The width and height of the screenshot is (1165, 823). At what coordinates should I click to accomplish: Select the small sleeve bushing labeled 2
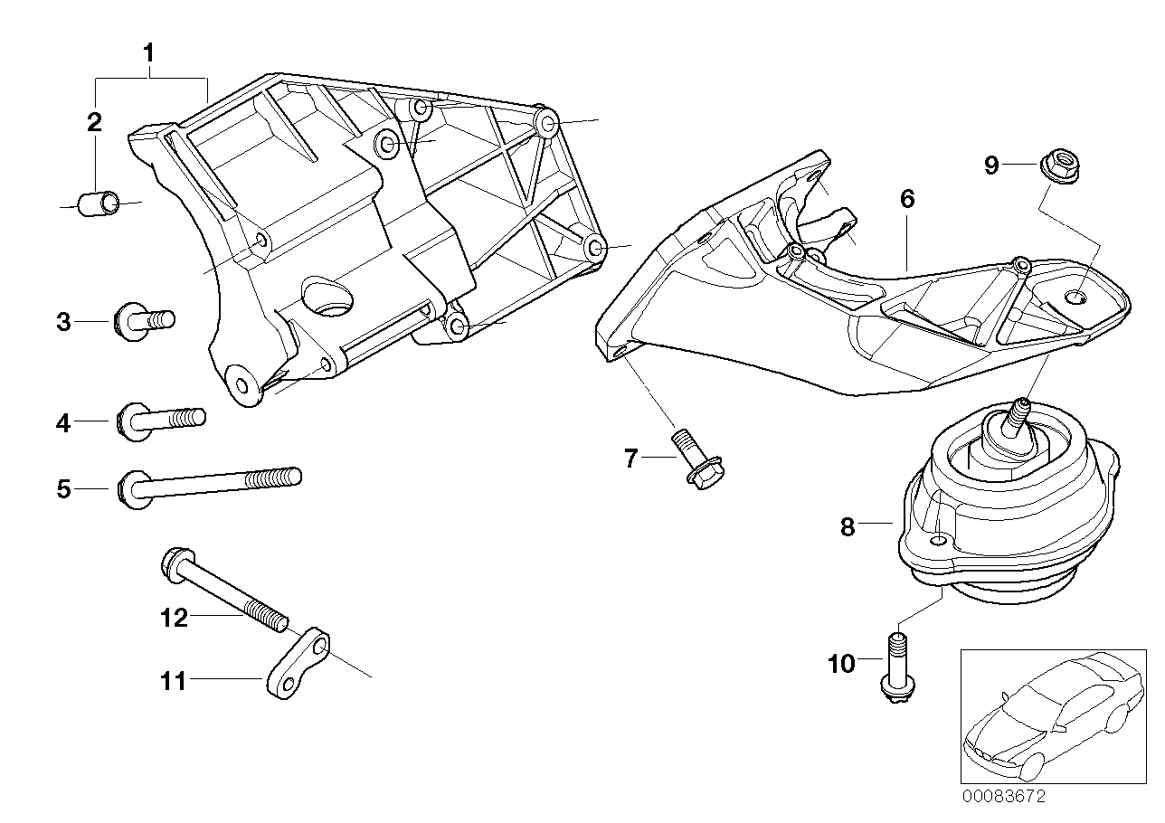click(x=99, y=203)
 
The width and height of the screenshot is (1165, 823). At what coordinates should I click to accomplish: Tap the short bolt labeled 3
click(x=144, y=320)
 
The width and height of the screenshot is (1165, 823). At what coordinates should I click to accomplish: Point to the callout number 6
click(x=907, y=199)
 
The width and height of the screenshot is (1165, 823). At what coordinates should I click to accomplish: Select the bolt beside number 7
click(x=693, y=459)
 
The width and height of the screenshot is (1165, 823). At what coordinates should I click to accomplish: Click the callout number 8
click(x=848, y=526)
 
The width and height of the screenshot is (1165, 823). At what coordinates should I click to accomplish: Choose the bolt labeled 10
click(x=896, y=667)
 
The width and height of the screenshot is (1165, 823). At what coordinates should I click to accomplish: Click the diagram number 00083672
click(x=1003, y=797)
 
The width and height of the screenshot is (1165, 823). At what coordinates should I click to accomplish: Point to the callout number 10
click(x=841, y=665)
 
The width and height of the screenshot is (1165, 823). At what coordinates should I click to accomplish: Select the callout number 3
click(x=63, y=321)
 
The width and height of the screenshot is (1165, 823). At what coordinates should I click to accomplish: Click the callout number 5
click(x=63, y=489)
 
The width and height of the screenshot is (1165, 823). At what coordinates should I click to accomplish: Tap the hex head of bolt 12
click(x=175, y=563)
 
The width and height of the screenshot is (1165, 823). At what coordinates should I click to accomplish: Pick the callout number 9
click(x=992, y=165)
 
